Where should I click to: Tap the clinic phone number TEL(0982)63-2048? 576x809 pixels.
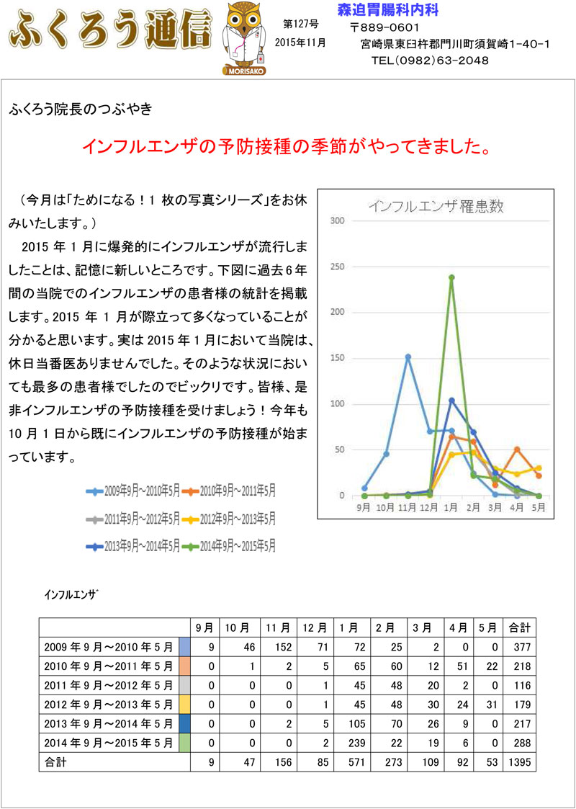coord(430,61)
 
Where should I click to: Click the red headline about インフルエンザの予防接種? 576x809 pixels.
coord(287,147)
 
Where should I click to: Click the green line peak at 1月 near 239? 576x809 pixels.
coord(451,277)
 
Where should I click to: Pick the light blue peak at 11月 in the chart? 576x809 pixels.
coord(408,357)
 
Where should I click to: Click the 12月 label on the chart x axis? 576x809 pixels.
coord(430,507)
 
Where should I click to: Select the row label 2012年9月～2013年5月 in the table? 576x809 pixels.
coord(108,704)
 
